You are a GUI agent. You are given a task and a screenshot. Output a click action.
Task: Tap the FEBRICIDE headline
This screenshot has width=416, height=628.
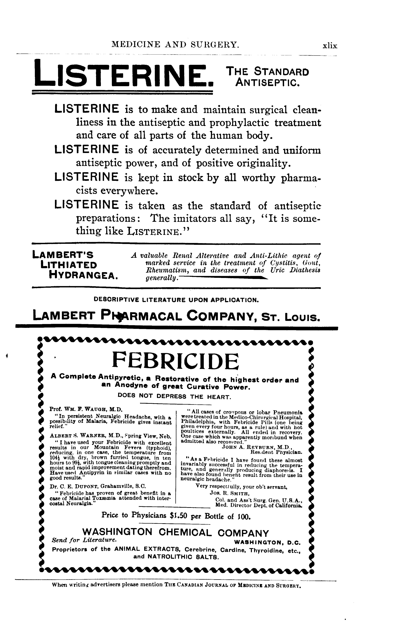pyautogui.click(x=176, y=361)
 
